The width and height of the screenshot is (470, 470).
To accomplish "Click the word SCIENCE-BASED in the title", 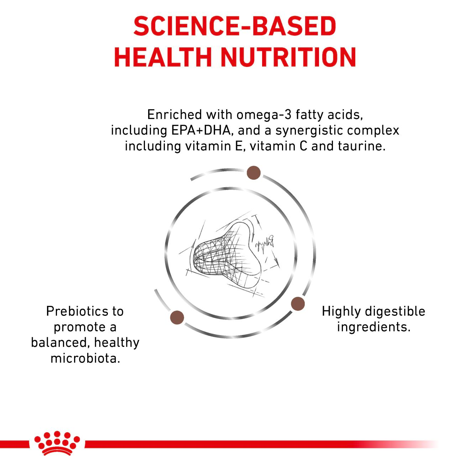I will click(235, 26).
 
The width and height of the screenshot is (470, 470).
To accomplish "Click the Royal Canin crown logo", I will click(57, 443).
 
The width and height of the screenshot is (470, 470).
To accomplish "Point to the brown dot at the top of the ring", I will click(254, 173).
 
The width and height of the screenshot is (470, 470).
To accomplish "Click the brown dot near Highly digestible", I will click(298, 304).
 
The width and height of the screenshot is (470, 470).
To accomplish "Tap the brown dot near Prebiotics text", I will click(177, 317).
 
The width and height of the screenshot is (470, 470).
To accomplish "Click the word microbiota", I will click(85, 358).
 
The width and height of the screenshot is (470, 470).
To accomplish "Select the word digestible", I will click(395, 311).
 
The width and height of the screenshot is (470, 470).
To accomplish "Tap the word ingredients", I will click(374, 327).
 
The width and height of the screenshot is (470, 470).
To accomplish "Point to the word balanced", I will click(59, 343).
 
